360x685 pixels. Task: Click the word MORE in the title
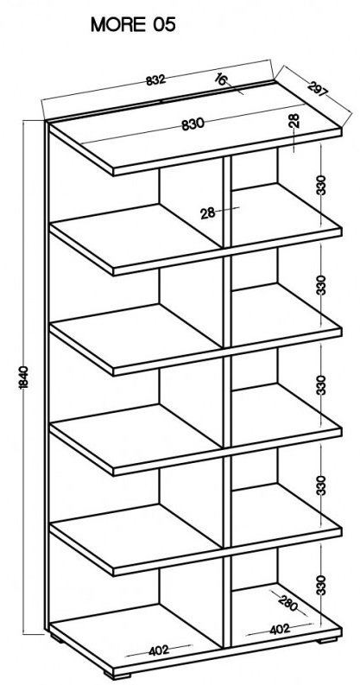pos(117,25)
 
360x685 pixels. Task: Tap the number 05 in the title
pos(164,25)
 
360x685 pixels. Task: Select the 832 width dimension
pos(155,80)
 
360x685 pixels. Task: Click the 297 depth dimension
pos(318,88)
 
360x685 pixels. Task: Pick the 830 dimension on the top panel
pos(193,124)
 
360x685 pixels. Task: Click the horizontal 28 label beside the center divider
pos(208,213)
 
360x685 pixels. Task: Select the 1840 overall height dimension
pos(24,377)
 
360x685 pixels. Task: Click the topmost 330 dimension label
pos(321,185)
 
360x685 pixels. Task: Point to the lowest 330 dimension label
pos(321,585)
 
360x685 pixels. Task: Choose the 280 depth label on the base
pos(287,603)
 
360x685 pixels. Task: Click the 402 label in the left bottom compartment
pos(158,650)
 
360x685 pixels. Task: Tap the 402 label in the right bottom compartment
pos(280,629)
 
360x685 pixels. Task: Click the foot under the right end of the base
pos(327,641)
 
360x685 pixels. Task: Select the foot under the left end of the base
pos(57,638)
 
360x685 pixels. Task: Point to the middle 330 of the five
pos(321,385)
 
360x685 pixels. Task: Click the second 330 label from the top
pos(321,285)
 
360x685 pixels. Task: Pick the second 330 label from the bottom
pos(321,485)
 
